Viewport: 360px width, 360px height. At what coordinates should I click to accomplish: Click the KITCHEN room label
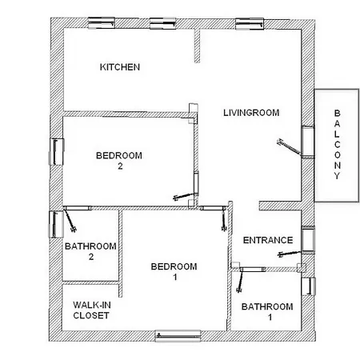pyautogui.click(x=120, y=67)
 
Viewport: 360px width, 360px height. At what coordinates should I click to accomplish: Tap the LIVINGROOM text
pyautogui.click(x=250, y=113)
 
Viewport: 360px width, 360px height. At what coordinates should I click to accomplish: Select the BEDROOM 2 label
pyautogui.click(x=118, y=160)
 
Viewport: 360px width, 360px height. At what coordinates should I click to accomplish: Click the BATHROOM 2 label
pyautogui.click(x=90, y=251)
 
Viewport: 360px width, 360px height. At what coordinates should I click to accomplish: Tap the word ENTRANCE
pyautogui.click(x=267, y=240)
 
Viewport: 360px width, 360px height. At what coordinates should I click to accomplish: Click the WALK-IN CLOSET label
pyautogui.click(x=90, y=310)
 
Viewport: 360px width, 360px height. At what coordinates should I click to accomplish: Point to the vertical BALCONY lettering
pyautogui.click(x=337, y=145)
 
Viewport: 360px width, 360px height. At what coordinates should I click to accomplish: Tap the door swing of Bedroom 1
pyautogui.click(x=222, y=216)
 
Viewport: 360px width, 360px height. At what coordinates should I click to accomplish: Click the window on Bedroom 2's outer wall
pyautogui.click(x=58, y=150)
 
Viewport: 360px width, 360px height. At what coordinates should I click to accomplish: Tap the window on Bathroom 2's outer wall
pyautogui.click(x=56, y=224)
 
